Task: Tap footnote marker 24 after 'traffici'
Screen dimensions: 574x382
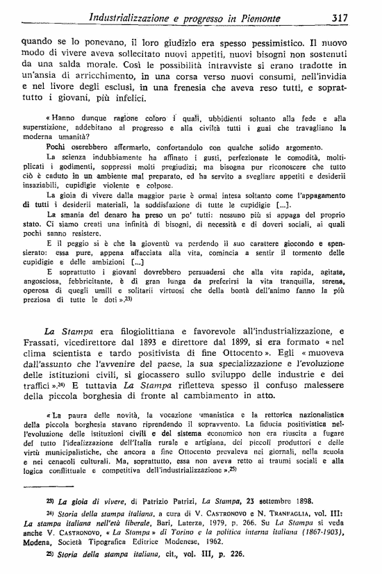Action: (61, 388)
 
